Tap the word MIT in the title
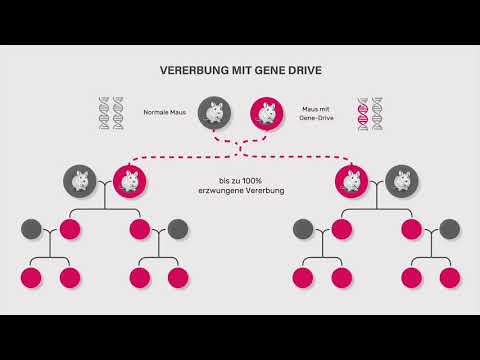pos(241,72)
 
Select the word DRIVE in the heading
pos(301,72)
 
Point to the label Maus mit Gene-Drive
pos(319,112)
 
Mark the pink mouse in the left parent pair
pos(127,180)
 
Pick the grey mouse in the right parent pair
pos(401,180)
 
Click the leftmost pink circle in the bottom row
pos(33,277)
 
